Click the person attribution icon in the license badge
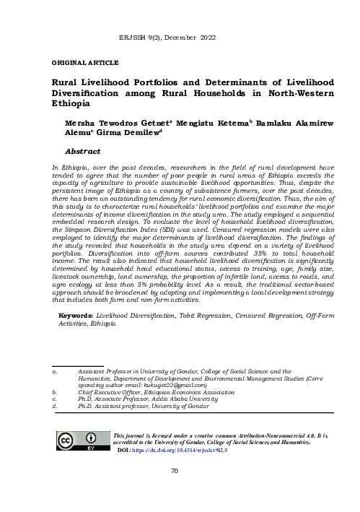[92, 438]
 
